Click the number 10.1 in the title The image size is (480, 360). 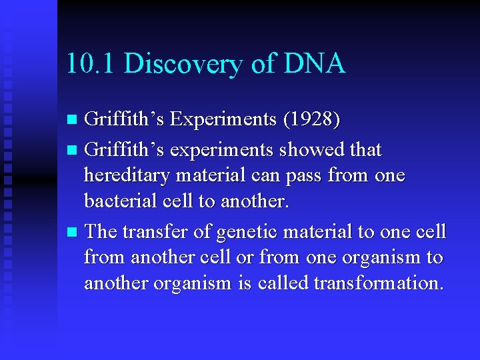point(91,63)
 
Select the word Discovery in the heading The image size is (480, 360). point(177,64)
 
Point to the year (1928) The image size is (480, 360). point(312,119)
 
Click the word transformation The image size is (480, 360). point(378,283)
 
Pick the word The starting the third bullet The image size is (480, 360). point(101,231)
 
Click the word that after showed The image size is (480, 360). point(365,150)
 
